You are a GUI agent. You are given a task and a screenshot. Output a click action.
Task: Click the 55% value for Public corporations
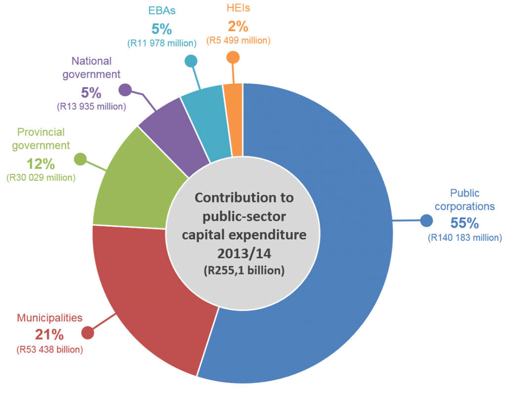pyautogui.click(x=464, y=223)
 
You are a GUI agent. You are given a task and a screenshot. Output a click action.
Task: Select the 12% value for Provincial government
pyautogui.click(x=41, y=163)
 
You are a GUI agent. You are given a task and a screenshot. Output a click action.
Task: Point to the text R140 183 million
pyautogui.click(x=464, y=238)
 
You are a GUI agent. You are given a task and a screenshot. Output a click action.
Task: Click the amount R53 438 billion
pyautogui.click(x=49, y=350)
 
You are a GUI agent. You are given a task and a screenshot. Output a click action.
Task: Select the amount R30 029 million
pyautogui.click(x=41, y=177)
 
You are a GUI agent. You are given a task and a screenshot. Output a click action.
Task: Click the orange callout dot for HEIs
pyautogui.click(x=233, y=58)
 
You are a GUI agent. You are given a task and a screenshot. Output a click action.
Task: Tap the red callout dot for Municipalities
pyautogui.click(x=88, y=333)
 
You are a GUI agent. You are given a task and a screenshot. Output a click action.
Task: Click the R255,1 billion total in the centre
pyautogui.click(x=244, y=271)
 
